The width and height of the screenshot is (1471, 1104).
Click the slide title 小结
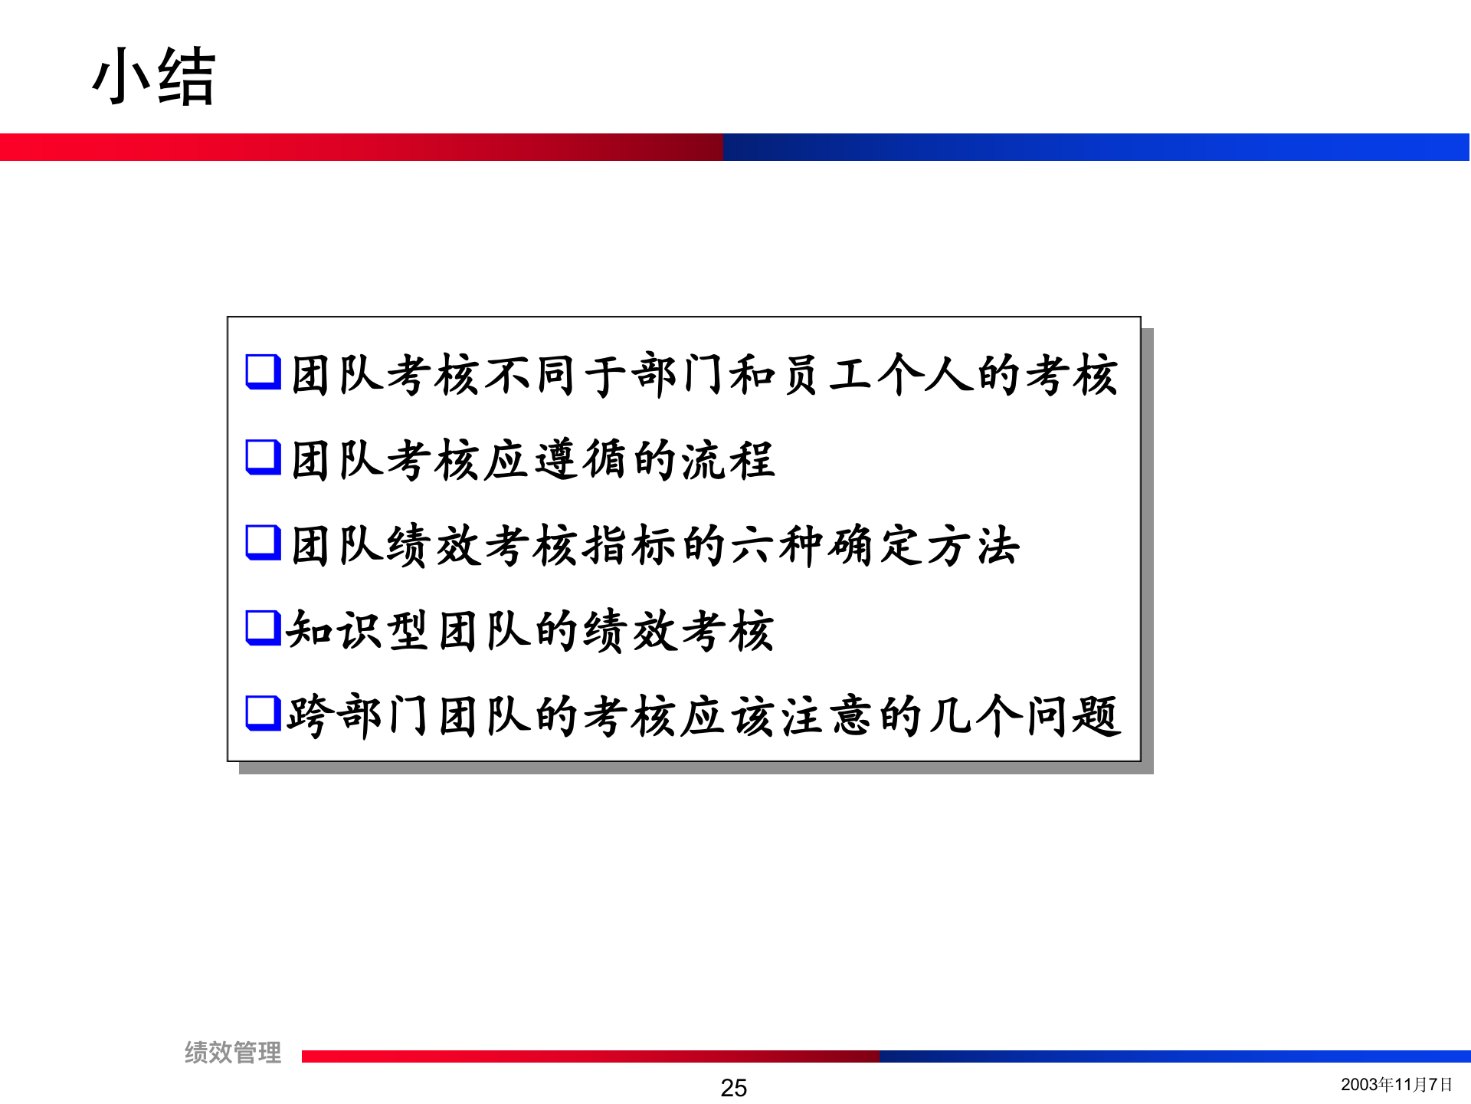click(x=153, y=77)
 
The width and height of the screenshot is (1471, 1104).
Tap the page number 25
click(x=733, y=1087)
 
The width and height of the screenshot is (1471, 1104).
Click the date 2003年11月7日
click(x=1396, y=1084)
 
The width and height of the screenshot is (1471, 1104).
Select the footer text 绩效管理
click(x=233, y=1053)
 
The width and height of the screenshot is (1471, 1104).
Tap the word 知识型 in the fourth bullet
click(x=357, y=631)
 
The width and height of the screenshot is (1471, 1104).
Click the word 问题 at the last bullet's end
click(x=1073, y=716)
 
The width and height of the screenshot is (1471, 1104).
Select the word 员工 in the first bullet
click(x=824, y=376)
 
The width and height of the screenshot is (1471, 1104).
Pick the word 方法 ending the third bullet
click(x=973, y=546)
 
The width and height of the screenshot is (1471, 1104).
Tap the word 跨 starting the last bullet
click(x=309, y=716)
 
